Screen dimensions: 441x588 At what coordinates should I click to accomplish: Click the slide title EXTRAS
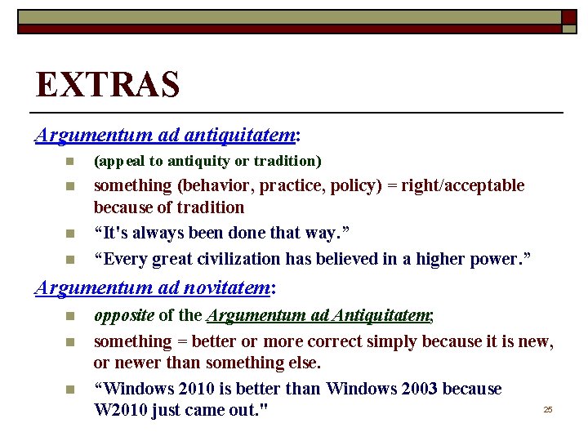coord(107,84)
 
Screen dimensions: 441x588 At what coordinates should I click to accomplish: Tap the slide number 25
coord(548,409)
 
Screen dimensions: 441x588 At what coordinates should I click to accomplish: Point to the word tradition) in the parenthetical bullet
coord(289,161)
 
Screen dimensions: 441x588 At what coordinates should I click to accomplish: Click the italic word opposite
coord(124,316)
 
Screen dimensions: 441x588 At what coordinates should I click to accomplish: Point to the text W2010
coord(122,410)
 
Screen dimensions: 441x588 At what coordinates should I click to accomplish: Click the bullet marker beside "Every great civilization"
coord(71,261)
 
